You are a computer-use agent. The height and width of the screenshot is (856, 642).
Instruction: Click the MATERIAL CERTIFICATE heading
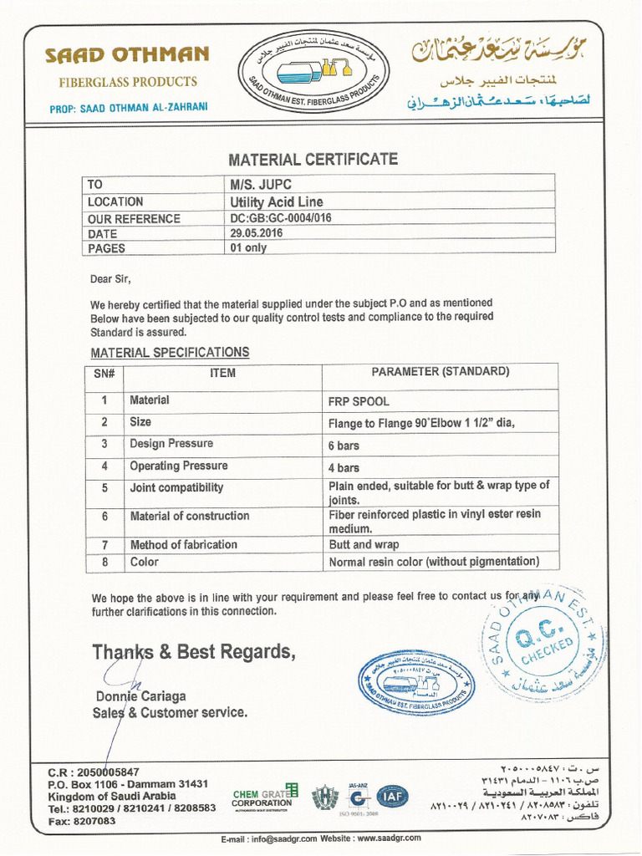tap(313, 160)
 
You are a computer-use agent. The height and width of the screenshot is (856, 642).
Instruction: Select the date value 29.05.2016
tap(257, 234)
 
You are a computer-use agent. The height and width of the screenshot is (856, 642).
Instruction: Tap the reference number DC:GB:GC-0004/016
tap(281, 218)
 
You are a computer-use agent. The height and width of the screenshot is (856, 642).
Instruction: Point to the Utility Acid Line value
tap(276, 201)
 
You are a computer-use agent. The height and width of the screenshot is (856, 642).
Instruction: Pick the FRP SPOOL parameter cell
tap(359, 401)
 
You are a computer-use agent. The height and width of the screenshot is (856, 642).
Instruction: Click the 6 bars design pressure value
tap(344, 446)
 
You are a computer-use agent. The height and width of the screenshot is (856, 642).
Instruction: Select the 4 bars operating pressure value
tap(344, 468)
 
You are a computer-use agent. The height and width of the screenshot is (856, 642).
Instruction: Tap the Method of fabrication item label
tap(183, 544)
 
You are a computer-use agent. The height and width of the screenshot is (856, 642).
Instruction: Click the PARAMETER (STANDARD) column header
tap(440, 372)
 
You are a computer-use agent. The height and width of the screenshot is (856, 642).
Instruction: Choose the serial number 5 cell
tap(104, 487)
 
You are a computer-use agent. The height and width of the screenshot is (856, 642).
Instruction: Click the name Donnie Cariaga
tap(140, 696)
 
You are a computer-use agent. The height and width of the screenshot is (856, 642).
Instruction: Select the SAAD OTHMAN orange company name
tap(127, 56)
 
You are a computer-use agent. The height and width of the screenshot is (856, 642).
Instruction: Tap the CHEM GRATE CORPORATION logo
tap(263, 797)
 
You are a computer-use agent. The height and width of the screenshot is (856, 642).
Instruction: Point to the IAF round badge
tap(392, 797)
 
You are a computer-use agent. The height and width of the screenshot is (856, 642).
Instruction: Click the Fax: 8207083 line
tap(82, 821)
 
